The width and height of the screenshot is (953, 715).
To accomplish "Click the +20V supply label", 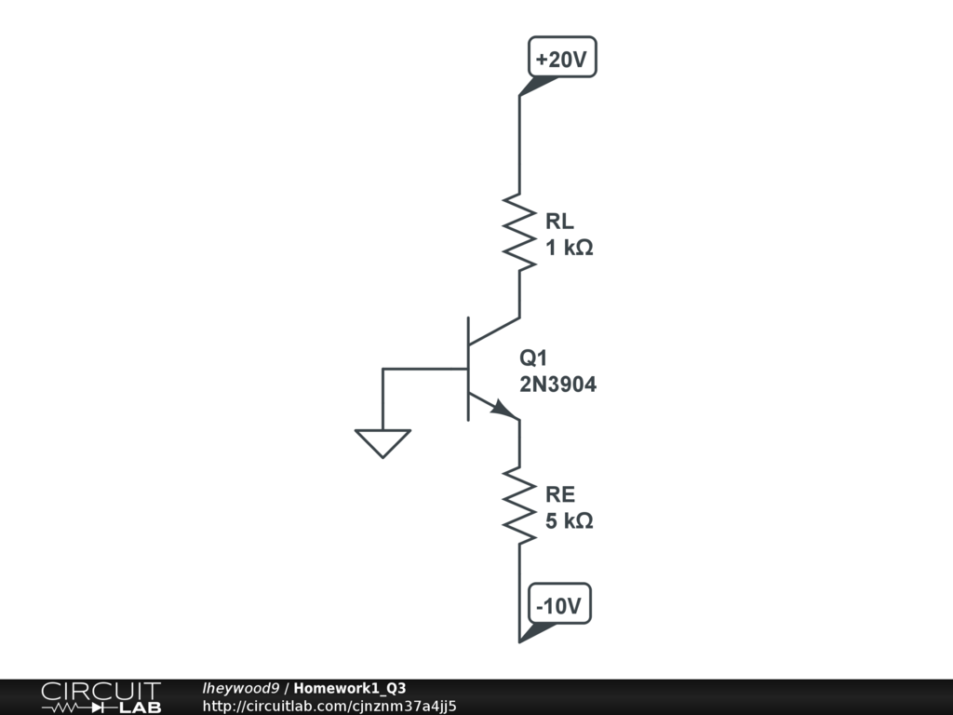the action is click(562, 61).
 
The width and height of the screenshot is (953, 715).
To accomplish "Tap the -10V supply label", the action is click(558, 607).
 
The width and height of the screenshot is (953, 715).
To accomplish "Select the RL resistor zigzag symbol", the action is click(519, 233).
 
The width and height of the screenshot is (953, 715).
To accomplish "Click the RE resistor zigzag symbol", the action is click(519, 506).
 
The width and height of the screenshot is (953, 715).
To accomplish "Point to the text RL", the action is click(559, 222).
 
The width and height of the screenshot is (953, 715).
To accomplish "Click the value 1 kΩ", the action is click(569, 249).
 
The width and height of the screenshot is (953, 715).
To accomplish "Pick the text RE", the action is click(560, 495).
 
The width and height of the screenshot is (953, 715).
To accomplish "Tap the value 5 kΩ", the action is click(569, 521).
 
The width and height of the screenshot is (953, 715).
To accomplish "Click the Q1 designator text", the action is click(534, 358).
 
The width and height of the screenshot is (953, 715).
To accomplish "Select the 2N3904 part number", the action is click(557, 384).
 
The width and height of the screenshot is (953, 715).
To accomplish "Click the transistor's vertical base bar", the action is click(468, 369).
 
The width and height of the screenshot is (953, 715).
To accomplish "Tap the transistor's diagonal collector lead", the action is click(493, 331).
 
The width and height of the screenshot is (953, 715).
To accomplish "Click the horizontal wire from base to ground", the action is click(423, 370).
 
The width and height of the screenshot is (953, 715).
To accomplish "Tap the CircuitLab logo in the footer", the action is click(101, 697).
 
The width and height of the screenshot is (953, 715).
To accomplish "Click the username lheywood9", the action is click(240, 689).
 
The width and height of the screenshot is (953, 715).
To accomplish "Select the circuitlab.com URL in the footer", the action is click(329, 707).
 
